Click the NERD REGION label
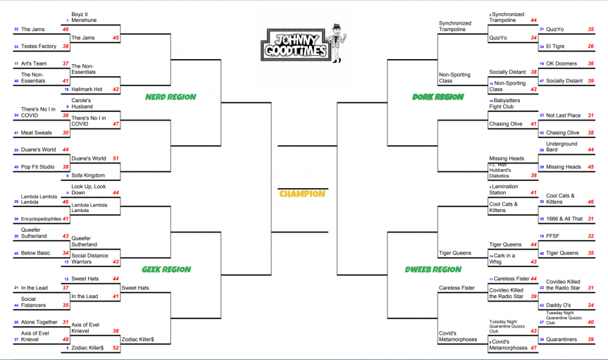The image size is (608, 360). coord(170,97)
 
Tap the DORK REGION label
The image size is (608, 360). coord(438,97)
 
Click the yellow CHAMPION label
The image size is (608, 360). coord(302,194)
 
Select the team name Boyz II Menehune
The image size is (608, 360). coord(84,17)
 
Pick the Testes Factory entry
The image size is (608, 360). coord(38,46)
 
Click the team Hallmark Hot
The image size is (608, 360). coord(87,89)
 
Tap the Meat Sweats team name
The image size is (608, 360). coord(35,132)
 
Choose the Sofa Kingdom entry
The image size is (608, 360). coord(88,175)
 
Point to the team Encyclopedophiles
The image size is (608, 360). coord(41,219)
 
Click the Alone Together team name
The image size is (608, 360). coord(39,322)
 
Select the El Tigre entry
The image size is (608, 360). coord(555,46)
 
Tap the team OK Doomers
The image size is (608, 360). coord(561,63)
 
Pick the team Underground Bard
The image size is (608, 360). coord(562,147)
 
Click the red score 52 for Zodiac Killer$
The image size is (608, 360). coord(116,348)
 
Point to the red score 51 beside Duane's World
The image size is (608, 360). coord(116,159)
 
